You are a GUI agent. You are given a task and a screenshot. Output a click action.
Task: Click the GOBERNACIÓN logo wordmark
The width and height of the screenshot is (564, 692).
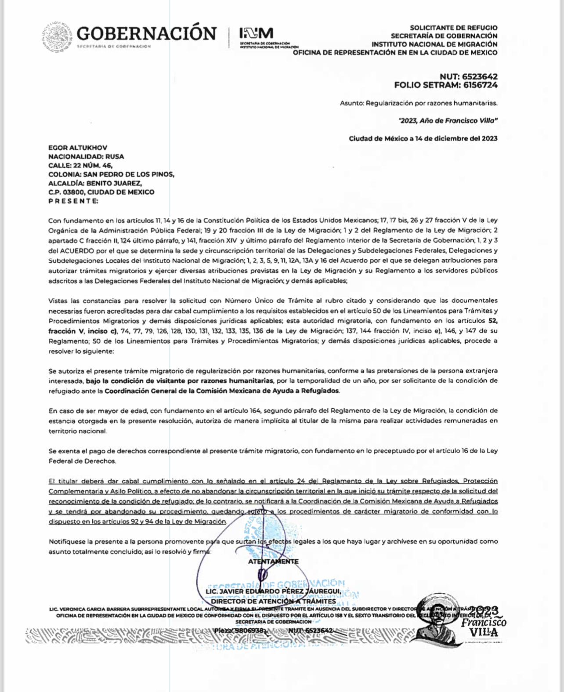click(x=146, y=34)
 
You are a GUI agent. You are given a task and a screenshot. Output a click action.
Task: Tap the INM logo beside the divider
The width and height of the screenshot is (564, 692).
click(x=256, y=33)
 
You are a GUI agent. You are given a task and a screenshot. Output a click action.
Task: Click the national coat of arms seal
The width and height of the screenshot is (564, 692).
click(x=57, y=37)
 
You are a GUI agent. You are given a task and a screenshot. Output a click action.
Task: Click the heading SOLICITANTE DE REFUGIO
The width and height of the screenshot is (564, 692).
click(x=454, y=28)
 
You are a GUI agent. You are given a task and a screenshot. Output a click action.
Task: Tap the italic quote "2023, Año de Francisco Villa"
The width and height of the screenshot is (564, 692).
click(x=448, y=120)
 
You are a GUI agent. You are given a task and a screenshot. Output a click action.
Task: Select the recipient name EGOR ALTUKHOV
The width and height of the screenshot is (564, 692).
click(x=78, y=148)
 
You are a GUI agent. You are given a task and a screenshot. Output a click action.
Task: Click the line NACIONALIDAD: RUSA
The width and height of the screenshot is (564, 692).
click(x=86, y=156)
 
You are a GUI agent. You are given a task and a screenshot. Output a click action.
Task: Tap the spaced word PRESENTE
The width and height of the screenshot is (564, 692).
click(x=73, y=201)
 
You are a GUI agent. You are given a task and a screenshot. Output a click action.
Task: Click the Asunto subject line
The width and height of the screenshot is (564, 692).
click(x=418, y=103)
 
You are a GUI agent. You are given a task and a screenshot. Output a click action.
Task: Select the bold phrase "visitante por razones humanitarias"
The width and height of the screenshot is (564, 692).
click(x=221, y=380)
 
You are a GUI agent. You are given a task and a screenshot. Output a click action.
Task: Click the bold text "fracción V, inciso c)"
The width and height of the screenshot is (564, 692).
click(x=83, y=331)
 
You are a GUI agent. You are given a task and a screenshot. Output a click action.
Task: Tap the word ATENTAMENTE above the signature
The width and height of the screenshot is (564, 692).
click(x=273, y=562)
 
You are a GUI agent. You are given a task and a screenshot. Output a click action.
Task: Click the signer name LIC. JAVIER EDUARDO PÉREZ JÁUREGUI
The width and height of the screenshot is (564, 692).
click(x=273, y=591)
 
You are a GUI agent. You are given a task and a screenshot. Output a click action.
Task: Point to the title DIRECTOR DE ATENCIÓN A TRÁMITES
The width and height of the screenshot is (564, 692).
click(x=273, y=601)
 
